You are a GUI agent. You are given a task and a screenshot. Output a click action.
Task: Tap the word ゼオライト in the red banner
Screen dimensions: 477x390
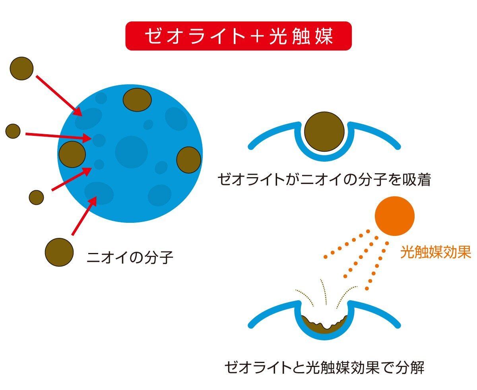click(x=195, y=36)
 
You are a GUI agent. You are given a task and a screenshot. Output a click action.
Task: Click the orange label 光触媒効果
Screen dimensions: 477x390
click(x=435, y=252)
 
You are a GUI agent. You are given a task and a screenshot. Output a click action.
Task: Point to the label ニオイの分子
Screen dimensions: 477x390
click(x=130, y=258)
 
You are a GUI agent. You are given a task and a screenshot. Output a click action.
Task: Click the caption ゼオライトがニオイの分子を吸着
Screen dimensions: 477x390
click(x=324, y=180)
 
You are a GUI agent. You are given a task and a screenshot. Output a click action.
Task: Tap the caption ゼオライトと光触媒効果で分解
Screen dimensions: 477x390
click(x=324, y=367)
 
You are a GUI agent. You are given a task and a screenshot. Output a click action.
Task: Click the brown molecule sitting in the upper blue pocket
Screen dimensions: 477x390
click(x=324, y=132)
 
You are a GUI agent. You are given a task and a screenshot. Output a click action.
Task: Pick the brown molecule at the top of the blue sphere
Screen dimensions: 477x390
click(x=137, y=100)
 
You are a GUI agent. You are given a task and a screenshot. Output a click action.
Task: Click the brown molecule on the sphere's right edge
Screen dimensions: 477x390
click(x=188, y=160)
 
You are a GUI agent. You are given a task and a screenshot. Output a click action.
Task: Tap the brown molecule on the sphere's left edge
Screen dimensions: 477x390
click(x=72, y=154)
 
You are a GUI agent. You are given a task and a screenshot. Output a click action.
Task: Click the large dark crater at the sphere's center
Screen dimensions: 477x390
click(x=131, y=152)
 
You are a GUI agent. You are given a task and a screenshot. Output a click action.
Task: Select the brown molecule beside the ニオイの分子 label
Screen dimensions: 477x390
click(x=59, y=252)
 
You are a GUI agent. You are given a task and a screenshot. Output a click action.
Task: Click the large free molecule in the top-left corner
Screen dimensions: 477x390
click(x=21, y=68)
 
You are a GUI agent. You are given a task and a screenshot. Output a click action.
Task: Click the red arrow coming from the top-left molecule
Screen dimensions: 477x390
click(x=59, y=96)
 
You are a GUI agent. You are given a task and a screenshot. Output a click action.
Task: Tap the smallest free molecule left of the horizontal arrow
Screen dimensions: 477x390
click(x=13, y=131)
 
